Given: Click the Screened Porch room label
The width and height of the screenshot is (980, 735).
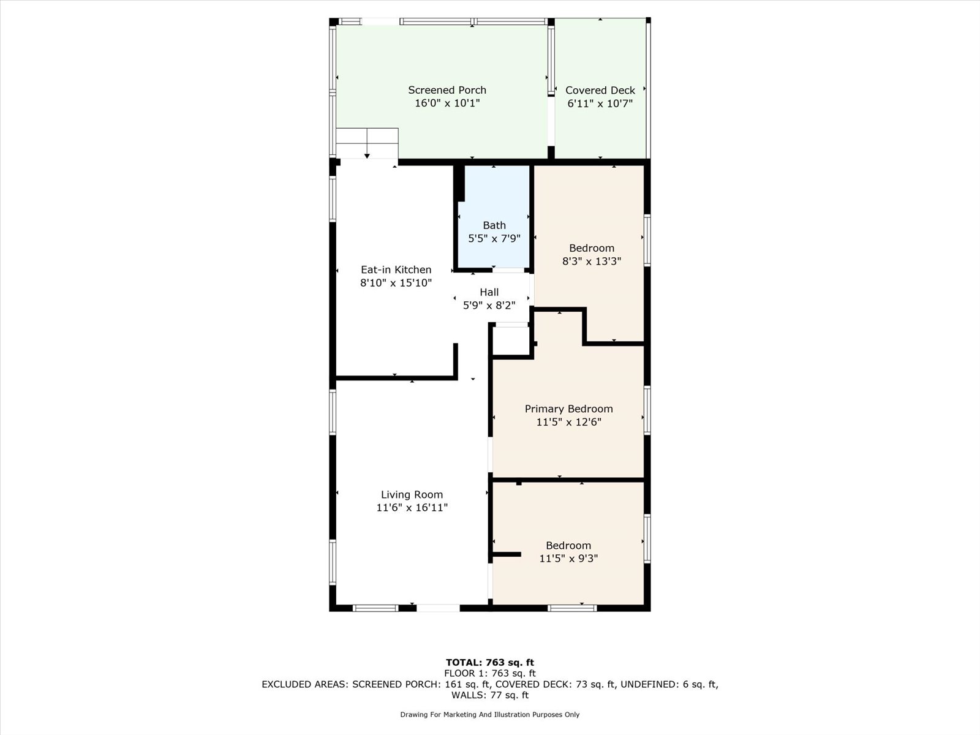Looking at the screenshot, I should (x=447, y=90).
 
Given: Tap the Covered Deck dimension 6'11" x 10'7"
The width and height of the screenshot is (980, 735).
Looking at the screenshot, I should (x=600, y=104).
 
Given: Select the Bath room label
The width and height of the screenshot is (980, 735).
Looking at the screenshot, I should (x=494, y=225).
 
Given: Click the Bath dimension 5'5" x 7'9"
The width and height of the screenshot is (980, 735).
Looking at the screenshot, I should (x=494, y=239).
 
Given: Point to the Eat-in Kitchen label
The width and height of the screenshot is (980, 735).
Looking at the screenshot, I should (x=396, y=269).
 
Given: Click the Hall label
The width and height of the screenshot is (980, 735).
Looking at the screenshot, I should (x=489, y=292).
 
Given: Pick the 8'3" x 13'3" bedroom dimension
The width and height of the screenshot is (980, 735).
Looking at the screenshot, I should (x=591, y=262).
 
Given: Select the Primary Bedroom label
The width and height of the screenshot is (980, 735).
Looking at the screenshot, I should (x=568, y=409).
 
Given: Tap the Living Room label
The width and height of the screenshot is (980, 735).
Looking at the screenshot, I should (x=412, y=494).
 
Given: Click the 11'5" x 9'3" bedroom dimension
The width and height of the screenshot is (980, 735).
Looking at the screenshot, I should (x=568, y=559).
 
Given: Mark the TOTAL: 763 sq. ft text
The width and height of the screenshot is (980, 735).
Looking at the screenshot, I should (x=489, y=662).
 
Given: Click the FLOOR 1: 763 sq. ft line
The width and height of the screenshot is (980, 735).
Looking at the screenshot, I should (x=489, y=673).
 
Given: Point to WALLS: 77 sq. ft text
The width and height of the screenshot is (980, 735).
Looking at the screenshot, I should (x=489, y=695).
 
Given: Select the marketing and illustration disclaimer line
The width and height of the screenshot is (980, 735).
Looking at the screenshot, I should (x=489, y=715).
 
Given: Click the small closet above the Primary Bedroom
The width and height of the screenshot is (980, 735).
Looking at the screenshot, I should (x=510, y=341).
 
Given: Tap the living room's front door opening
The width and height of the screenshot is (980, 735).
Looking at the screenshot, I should (x=438, y=608).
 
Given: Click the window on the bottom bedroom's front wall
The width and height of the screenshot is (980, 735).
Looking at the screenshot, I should (x=571, y=608).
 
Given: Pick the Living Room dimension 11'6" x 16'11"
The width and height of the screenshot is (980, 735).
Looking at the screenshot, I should (x=412, y=508).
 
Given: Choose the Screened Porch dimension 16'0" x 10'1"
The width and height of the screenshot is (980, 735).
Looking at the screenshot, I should (x=447, y=104).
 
